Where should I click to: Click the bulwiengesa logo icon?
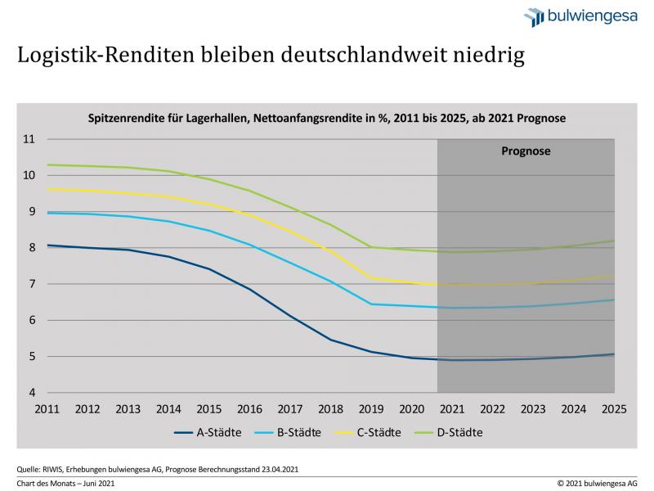[x=533, y=16]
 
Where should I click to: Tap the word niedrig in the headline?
[x=483, y=56]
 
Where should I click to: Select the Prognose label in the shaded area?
[x=526, y=151]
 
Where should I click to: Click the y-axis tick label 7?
[x=30, y=284]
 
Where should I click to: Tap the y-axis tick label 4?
[x=30, y=393]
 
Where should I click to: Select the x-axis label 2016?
[x=249, y=409]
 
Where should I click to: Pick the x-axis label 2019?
[x=372, y=409]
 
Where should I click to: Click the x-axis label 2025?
[x=615, y=409]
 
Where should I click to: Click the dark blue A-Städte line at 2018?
[x=331, y=340]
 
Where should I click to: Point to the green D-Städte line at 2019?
[x=372, y=247]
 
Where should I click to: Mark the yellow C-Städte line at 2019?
[x=372, y=278]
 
